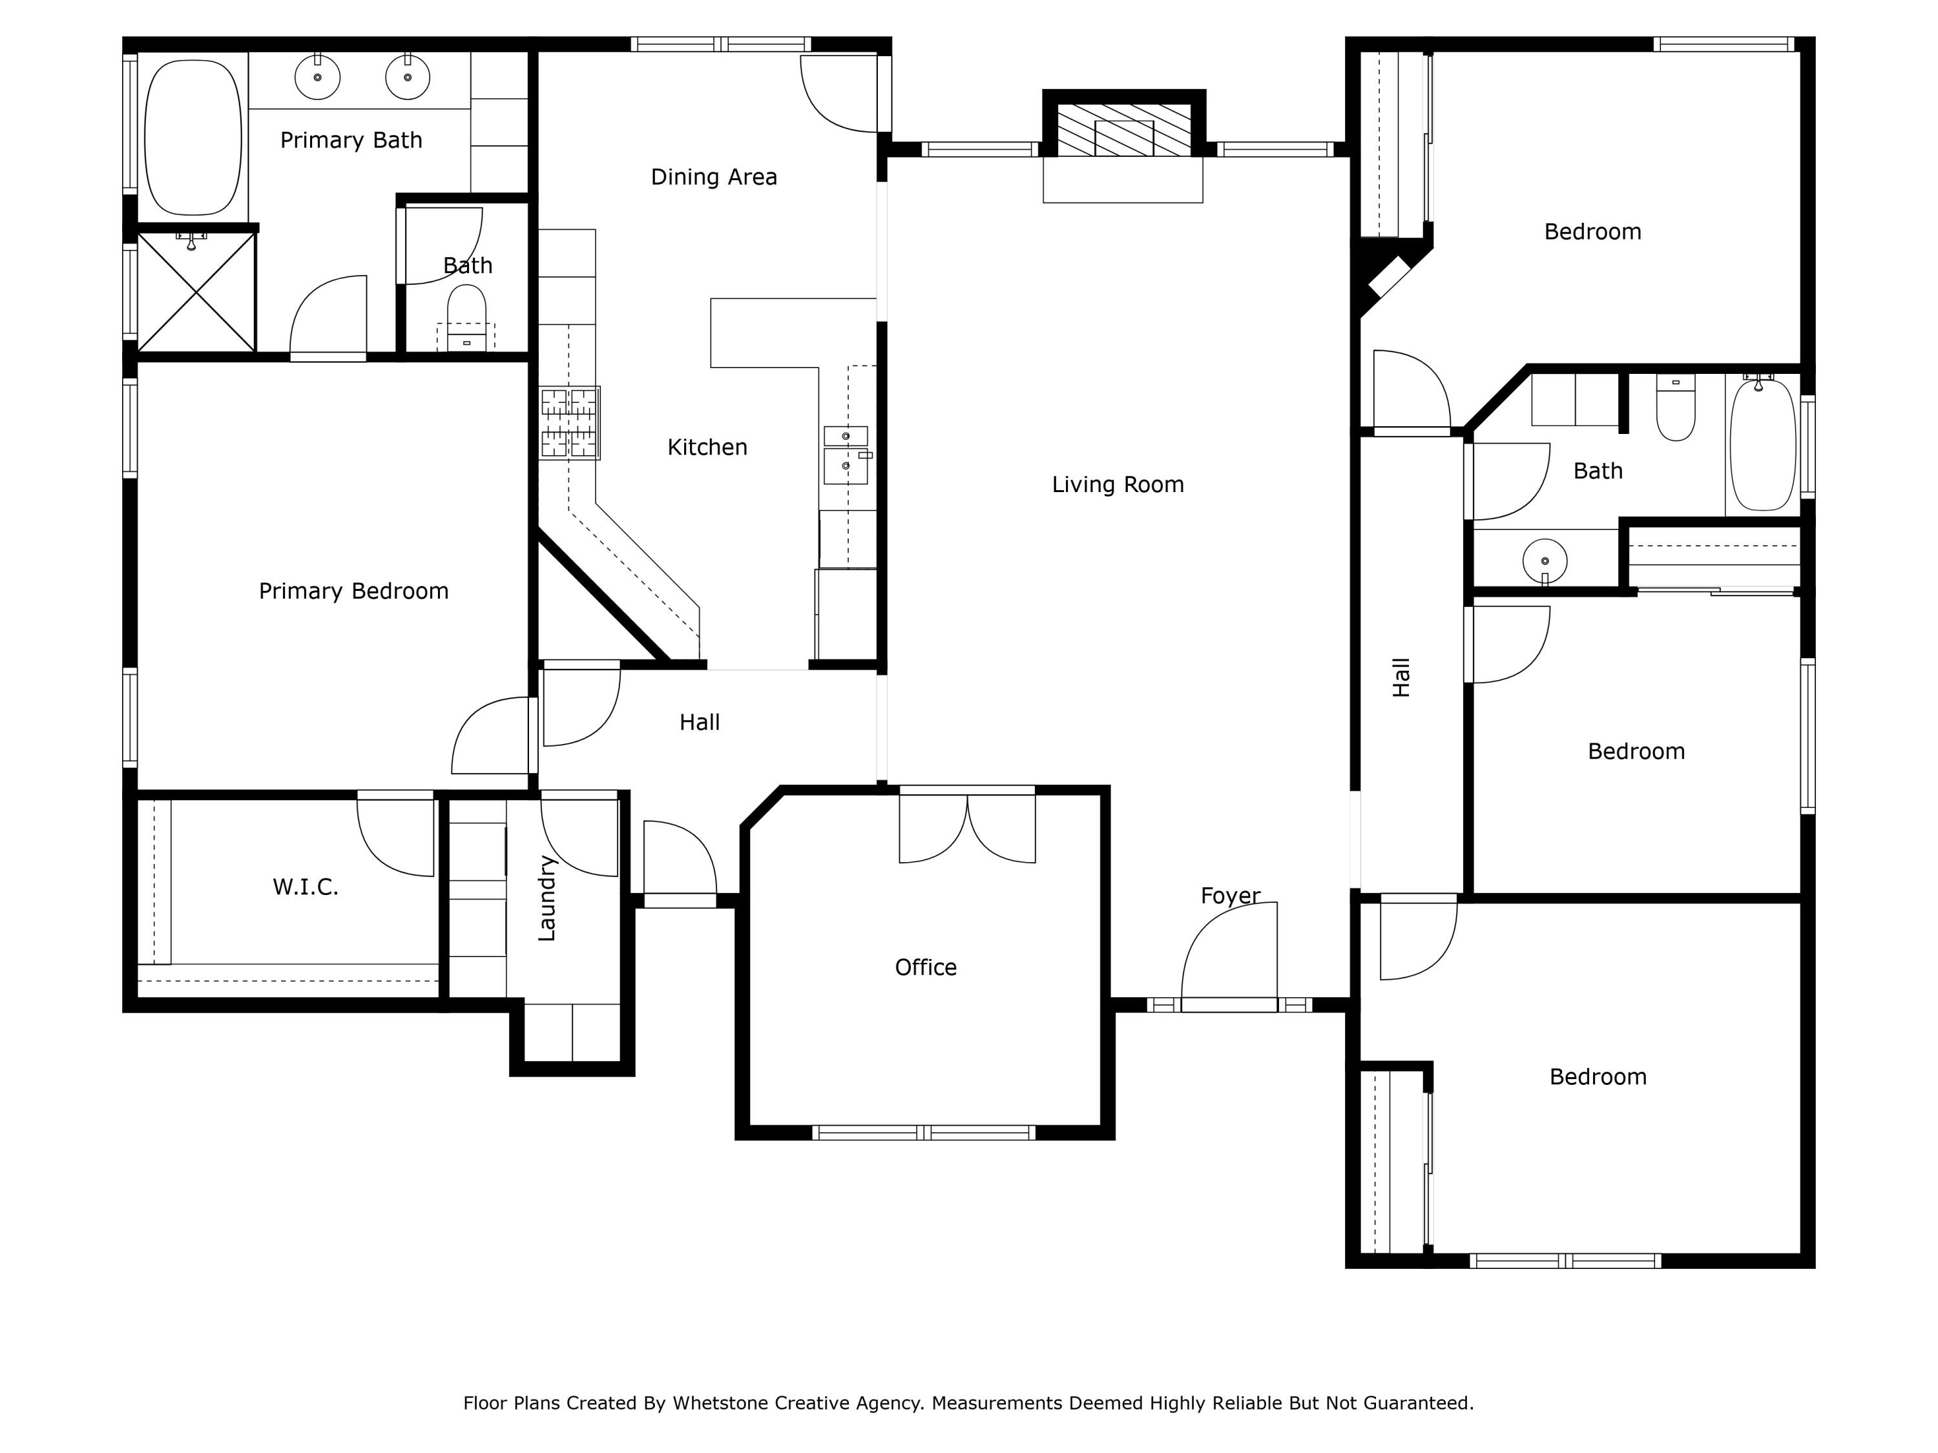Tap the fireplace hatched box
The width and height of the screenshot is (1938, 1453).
(x=1123, y=130)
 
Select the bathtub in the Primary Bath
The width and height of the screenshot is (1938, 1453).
(x=193, y=138)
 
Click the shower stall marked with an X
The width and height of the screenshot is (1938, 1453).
(x=196, y=292)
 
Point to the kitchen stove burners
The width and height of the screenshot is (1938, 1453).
(x=570, y=423)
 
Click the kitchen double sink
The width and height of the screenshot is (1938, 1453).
(x=846, y=455)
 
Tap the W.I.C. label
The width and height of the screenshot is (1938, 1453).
(x=305, y=887)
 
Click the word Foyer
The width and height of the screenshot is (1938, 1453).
(x=1230, y=895)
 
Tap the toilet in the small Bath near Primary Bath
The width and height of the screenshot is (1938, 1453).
(x=466, y=320)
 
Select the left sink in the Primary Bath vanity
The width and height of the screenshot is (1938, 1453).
(x=317, y=77)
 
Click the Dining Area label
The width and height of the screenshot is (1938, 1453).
(x=713, y=177)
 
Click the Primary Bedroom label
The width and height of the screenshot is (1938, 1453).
(x=353, y=591)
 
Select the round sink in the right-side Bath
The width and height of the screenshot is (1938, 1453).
(x=1545, y=561)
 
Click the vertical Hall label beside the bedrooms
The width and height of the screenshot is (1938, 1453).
(x=1401, y=677)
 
